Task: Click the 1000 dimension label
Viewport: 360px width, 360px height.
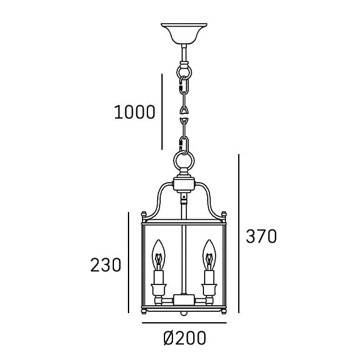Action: point(135,112)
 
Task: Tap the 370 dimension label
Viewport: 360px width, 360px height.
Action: point(261,236)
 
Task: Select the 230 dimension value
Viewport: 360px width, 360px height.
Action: point(105,265)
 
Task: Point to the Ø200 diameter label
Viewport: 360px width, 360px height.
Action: point(185,338)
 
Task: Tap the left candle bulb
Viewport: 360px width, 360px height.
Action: point(158,255)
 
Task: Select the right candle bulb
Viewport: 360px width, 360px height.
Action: point(209,255)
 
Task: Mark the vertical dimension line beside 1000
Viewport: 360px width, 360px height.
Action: point(162,111)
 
